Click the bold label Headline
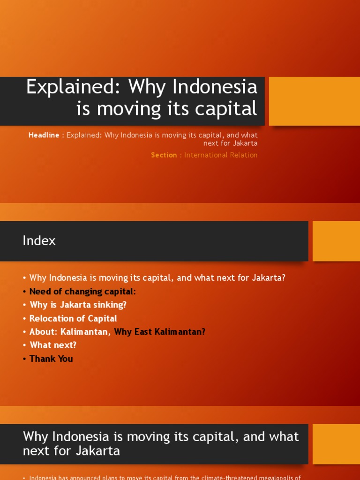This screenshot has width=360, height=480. (44, 135)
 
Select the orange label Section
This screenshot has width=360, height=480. (164, 155)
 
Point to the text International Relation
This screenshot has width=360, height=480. (221, 155)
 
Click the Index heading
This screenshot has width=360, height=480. (39, 241)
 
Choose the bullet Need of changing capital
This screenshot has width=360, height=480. (82, 291)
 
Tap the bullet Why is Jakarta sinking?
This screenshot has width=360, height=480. (78, 305)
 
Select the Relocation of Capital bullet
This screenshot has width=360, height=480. (73, 318)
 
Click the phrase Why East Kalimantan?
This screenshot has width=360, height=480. (160, 332)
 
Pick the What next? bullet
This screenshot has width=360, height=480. (52, 345)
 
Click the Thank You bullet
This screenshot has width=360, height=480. (51, 359)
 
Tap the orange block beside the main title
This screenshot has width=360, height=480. (314, 101)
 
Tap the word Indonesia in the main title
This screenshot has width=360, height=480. (215, 87)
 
